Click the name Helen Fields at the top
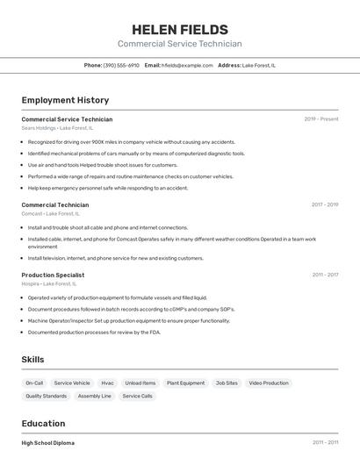coord(179,29)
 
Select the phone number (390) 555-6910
coord(121,65)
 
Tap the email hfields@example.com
coord(187,65)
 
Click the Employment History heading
coord(65,100)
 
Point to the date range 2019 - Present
coord(321,119)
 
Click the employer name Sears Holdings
coord(38,128)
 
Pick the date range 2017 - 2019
coord(325,204)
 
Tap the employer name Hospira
coord(31,283)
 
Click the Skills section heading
coord(32,360)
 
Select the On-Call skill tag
coord(34,383)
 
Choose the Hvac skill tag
coord(107,383)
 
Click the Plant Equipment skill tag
coord(185,383)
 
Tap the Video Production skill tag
coord(268,383)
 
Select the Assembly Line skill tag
coord(94,396)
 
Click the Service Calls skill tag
coord(137,396)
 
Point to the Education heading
coord(43,423)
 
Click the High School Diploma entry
coord(47,442)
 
